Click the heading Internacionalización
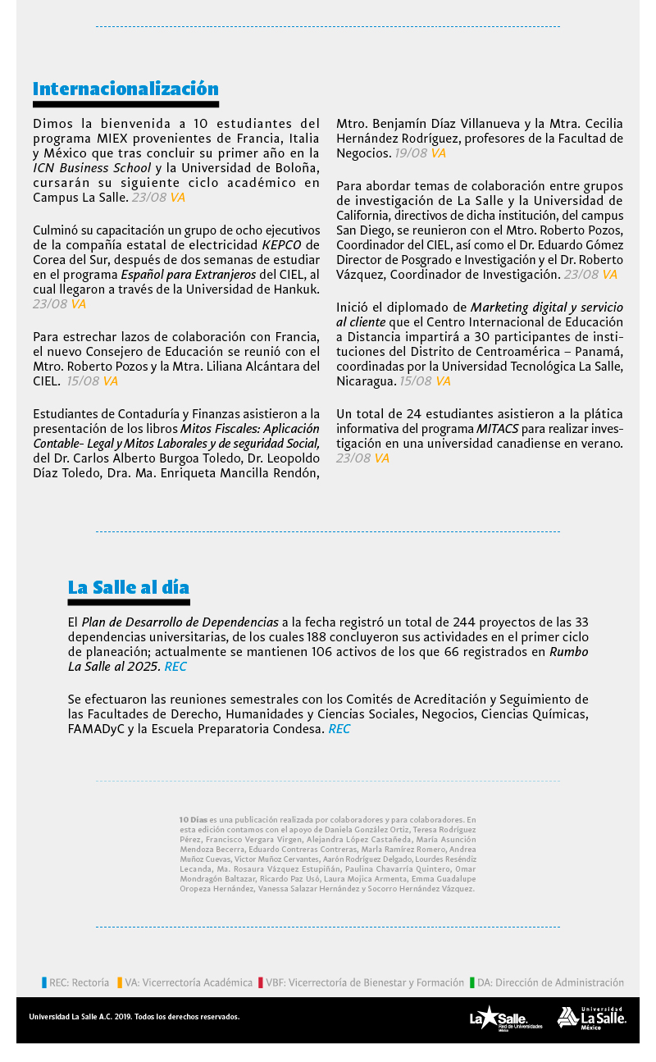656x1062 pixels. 125,89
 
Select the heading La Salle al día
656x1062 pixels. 128,587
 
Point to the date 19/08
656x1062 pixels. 410,153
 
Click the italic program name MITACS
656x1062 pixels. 498,429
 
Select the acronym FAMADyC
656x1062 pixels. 96,728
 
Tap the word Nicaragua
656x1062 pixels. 367,381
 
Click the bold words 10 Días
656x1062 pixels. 193,819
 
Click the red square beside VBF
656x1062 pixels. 260,982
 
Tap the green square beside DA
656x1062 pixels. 471,982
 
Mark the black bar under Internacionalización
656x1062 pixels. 125,105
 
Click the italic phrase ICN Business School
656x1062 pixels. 92,168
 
